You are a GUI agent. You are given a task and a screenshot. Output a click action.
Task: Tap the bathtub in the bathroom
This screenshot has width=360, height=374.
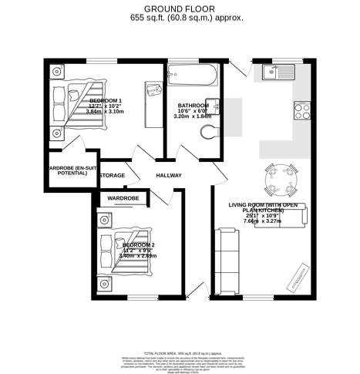tap(189, 76)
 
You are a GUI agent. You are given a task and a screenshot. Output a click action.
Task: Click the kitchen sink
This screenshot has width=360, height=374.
tap(274, 72)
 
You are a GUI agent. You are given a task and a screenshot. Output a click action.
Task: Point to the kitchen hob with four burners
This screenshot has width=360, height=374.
tap(301, 111)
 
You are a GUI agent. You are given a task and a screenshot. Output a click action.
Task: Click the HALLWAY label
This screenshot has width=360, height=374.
tap(169, 176)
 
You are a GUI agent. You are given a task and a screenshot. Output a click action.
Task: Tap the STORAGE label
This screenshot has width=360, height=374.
tap(113, 176)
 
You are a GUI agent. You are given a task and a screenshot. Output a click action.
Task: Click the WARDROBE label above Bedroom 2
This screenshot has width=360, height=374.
tap(123, 198)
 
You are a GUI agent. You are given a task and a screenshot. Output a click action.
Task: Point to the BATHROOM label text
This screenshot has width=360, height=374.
tap(192, 106)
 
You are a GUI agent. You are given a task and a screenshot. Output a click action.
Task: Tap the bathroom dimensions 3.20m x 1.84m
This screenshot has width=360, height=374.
tap(192, 116)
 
